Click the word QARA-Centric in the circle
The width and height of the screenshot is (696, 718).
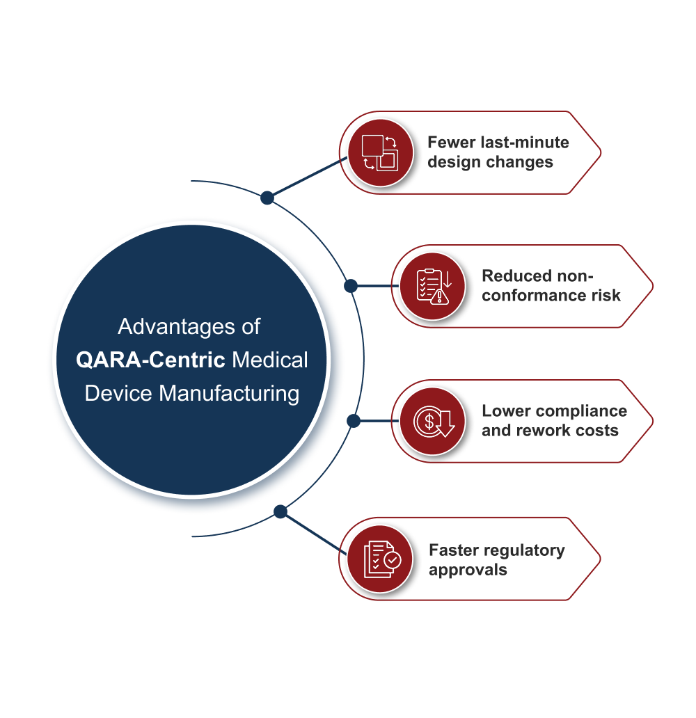pos(150,360)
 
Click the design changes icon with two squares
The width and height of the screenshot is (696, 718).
pos(379,152)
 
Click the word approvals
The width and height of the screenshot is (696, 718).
pos(468,570)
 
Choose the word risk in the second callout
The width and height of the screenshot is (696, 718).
pos(605,296)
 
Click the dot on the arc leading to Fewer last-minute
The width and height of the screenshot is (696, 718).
pos(267,198)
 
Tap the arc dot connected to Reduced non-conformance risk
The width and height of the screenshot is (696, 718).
pos(351,286)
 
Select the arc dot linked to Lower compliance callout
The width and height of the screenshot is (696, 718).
pos(353,420)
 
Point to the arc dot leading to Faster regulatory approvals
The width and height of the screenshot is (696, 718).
pos(280,512)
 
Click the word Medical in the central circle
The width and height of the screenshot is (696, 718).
pos(269,360)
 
